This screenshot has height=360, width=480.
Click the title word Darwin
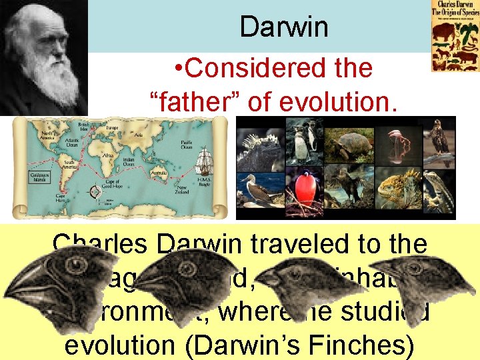284,27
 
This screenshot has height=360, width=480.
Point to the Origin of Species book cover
455,37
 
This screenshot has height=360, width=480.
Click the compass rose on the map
94,192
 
